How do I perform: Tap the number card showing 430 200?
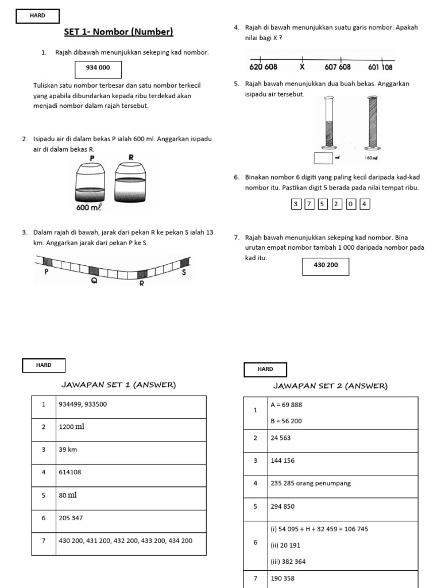325,266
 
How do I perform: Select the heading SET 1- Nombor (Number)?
118,32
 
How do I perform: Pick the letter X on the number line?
302,67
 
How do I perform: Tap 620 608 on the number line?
263,67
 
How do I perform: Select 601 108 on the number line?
380,67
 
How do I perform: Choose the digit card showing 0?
351,204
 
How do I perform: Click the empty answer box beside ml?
324,157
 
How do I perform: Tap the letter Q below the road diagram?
94,281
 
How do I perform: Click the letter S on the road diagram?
184,272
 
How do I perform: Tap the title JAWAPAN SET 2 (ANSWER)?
330,386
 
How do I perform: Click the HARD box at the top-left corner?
38,17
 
